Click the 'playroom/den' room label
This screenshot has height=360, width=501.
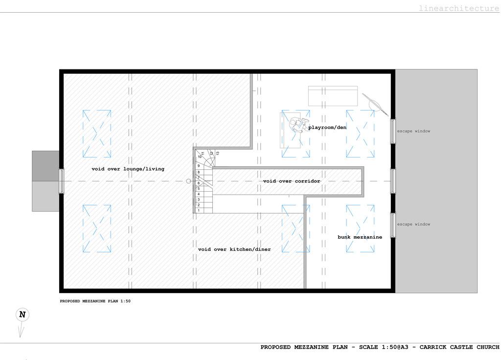327,128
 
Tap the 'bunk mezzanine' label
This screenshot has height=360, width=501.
360,237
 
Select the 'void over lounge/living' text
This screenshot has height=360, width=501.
128,169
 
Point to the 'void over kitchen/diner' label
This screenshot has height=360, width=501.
234,249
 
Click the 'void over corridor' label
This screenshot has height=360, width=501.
292,181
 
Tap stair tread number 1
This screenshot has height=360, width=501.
199,210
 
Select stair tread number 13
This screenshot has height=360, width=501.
218,153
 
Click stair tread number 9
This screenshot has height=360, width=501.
199,166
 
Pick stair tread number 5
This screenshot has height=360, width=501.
199,189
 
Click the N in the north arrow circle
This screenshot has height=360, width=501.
23,315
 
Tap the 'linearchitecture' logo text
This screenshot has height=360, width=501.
459,8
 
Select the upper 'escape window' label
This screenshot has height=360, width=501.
413,131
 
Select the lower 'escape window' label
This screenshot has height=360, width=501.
413,224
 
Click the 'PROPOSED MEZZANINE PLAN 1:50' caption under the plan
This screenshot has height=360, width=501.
95,301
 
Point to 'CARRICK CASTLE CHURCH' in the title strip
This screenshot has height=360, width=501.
459,347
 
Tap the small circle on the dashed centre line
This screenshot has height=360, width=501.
188,181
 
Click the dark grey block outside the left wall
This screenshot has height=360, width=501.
46,166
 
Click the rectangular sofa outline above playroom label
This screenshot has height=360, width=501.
333,96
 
